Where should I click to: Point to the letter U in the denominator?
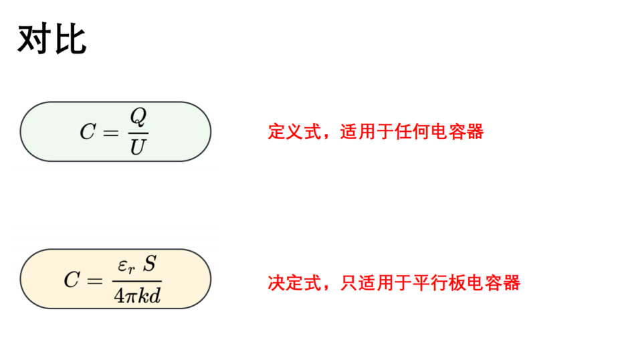pos(138,147)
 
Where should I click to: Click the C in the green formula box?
pos(88,131)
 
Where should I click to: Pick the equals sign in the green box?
pos(110,132)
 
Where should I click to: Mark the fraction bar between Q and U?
pos(138,133)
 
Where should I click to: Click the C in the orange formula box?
pos(72,280)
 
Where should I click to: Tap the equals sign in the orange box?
pos(95,281)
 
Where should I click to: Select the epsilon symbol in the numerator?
pos(122,265)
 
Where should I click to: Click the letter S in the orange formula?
pos(150,263)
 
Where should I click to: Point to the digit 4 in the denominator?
pos(119,296)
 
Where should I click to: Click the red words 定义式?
pos(294,131)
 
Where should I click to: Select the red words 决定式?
pos(294,283)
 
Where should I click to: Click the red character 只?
pos(349,283)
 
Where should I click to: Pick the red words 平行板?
pos(439,283)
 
